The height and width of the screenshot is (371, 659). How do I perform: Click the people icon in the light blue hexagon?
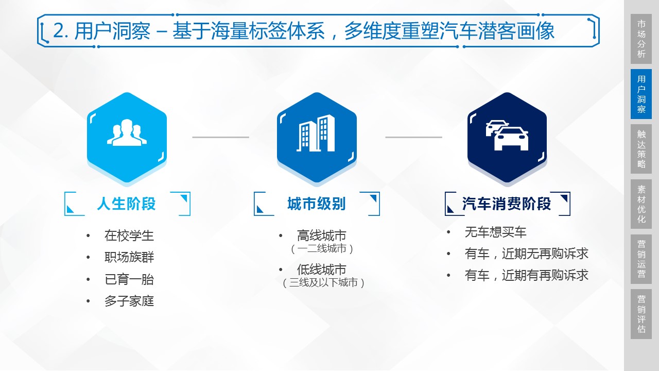coord(127,133)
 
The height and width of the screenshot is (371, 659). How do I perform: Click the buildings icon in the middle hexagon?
coord(316,134)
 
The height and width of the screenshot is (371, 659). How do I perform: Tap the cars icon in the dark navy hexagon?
coord(507,136)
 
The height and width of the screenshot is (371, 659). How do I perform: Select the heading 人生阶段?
coord(126,204)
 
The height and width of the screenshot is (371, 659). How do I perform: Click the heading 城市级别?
coord(316,204)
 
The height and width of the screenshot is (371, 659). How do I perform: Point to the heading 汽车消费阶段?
coord(507,204)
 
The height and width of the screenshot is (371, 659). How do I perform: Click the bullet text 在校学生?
coord(129,236)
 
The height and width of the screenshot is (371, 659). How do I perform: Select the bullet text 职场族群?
coord(129,258)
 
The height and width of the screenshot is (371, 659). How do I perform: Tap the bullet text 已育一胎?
coord(129,280)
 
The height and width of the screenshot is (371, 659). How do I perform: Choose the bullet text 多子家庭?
coord(129,301)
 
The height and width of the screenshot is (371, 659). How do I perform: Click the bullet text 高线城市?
coord(322,237)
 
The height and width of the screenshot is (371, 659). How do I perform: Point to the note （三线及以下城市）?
coord(323,282)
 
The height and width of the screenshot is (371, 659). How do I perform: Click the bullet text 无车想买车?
coord(495,232)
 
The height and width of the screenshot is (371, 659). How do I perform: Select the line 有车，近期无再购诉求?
coord(526,254)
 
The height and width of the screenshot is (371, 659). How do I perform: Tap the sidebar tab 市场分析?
coord(641,39)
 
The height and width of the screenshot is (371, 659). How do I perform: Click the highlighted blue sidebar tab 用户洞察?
coord(641,94)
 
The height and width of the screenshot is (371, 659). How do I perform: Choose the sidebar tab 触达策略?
coord(641,149)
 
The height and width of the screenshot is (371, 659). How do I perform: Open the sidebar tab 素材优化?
coord(641,204)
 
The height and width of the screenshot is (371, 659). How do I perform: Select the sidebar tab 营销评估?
coord(641,314)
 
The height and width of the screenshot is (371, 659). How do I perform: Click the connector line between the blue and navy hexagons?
coord(413,137)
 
